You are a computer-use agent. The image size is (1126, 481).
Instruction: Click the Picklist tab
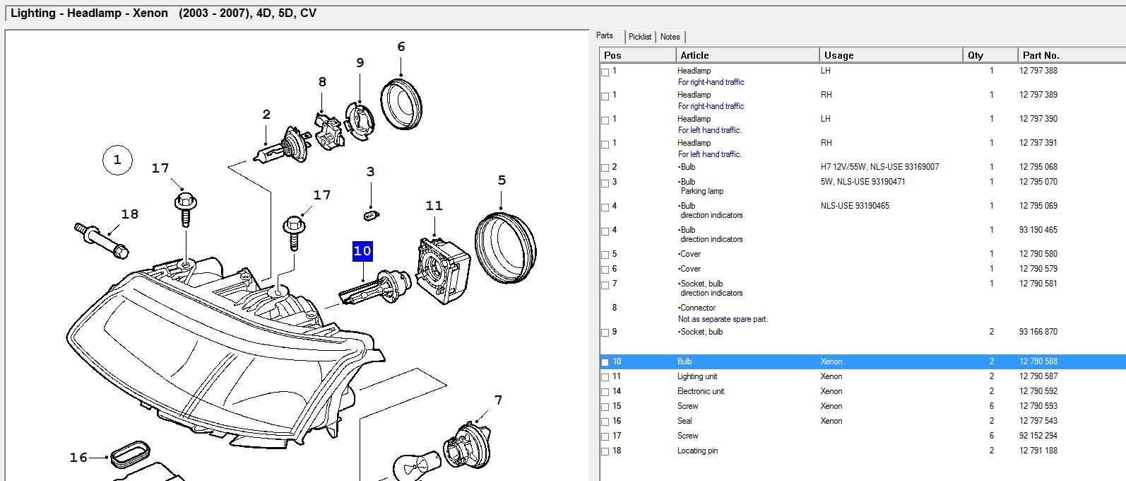(x=640, y=37)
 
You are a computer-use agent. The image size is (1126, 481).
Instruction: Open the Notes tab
(x=670, y=37)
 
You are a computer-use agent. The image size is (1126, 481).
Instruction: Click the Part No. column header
(x=1041, y=55)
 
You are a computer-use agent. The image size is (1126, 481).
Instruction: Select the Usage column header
(x=839, y=55)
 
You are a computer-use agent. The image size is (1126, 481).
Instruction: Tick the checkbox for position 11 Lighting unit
(x=605, y=377)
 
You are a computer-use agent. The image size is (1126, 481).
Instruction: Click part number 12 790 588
(x=1038, y=361)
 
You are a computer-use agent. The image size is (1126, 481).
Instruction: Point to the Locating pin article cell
(x=697, y=451)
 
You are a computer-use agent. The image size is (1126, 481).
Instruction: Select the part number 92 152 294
(x=1038, y=436)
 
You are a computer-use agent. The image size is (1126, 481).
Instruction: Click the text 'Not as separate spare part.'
(x=723, y=319)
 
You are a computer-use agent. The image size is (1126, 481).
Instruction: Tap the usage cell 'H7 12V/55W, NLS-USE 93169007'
(x=879, y=167)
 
